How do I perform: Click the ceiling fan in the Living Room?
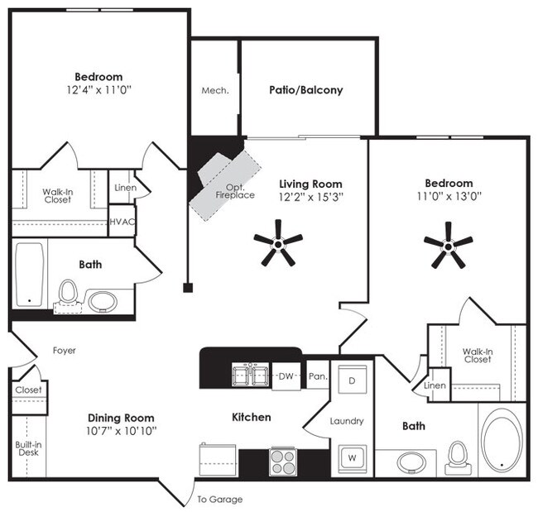(x=278, y=244)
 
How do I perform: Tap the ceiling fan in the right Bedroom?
(x=448, y=246)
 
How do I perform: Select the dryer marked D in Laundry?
(x=352, y=380)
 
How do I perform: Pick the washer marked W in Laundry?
(x=353, y=458)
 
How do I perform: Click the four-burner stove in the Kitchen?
(x=283, y=462)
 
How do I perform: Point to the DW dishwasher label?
(x=286, y=376)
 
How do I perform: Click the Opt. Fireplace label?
(x=235, y=191)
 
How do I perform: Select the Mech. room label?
(x=215, y=90)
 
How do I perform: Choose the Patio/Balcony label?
(x=306, y=90)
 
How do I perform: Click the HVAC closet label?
(x=122, y=222)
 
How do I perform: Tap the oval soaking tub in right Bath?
(x=502, y=440)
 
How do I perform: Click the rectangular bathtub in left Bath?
(x=30, y=275)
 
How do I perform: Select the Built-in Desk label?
(x=28, y=448)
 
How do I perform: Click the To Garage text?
(x=220, y=500)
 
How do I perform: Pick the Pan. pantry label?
(x=318, y=376)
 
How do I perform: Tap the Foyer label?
(x=65, y=351)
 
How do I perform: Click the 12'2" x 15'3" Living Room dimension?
(x=311, y=197)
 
